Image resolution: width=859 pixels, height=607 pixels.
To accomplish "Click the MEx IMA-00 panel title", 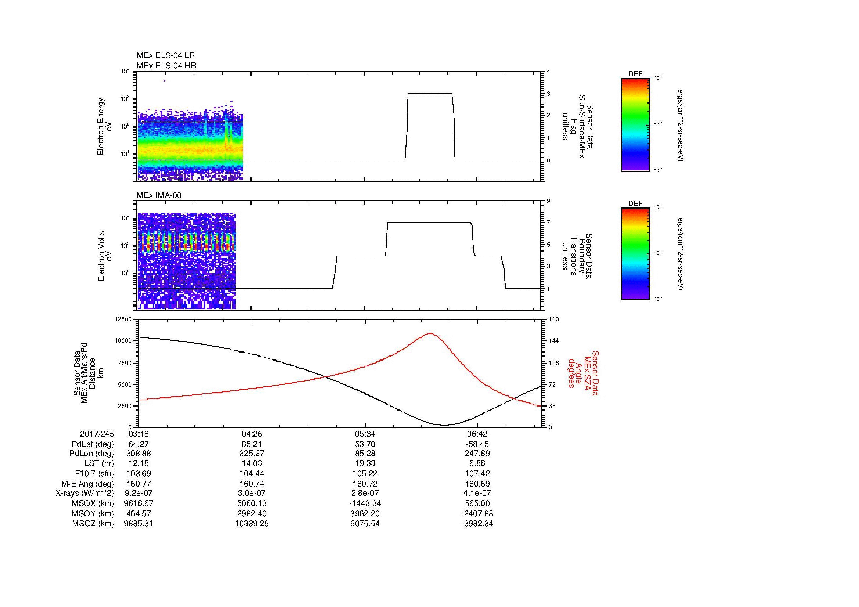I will [159, 195].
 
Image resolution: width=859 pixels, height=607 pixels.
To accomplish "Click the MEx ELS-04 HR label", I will [166, 66].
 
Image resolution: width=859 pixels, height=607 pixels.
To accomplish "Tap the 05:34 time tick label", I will [365, 434].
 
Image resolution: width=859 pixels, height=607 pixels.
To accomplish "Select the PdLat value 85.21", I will [252, 444].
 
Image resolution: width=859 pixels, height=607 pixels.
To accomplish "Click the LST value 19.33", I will [365, 463].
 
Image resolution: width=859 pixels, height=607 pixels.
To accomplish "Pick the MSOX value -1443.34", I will [365, 503].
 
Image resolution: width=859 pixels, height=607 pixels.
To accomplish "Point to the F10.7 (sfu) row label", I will [94, 473].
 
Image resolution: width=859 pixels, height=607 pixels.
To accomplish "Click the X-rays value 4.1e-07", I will [477, 493].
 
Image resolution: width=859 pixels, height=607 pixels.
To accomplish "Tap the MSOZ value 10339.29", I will [252, 524].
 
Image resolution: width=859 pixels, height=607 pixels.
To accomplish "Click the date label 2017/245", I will [97, 434].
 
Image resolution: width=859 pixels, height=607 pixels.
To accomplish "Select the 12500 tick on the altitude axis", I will [123, 319].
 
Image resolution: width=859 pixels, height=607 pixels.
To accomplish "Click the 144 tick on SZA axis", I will [553, 341].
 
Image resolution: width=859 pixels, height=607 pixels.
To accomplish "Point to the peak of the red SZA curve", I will [430, 333].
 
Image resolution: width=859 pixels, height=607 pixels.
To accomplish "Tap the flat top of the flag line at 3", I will [430, 94].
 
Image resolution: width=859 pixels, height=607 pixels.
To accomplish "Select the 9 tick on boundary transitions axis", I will [548, 201].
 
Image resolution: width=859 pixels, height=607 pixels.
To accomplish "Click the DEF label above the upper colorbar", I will [635, 74].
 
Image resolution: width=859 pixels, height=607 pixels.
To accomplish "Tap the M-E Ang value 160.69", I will [477, 484].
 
